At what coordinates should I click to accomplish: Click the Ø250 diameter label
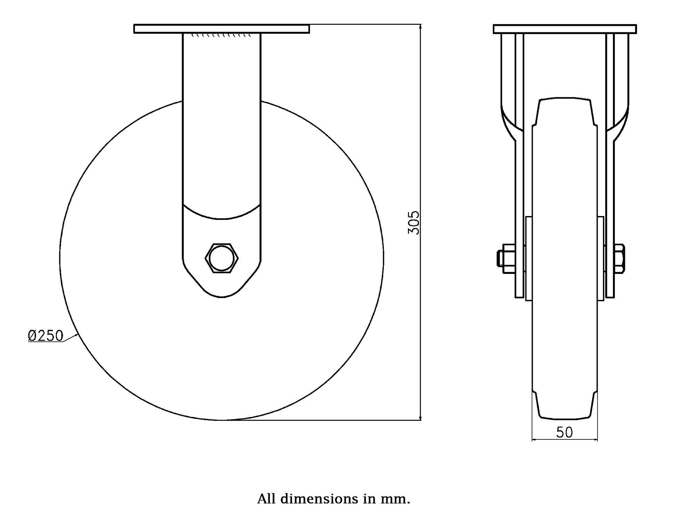(46, 336)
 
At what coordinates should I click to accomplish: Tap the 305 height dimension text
(414, 223)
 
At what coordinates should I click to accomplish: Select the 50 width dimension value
(564, 432)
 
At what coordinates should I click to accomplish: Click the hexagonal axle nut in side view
(222, 258)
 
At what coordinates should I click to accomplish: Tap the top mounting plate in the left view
(222, 29)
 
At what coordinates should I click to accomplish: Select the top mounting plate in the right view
(565, 29)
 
